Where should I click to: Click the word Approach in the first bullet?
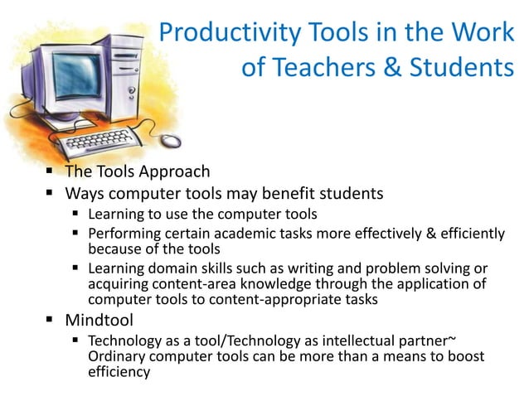pyautogui.click(x=175, y=172)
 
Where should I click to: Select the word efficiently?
pyautogui.click(x=464, y=233)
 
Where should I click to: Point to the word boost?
pyautogui.click(x=466, y=356)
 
